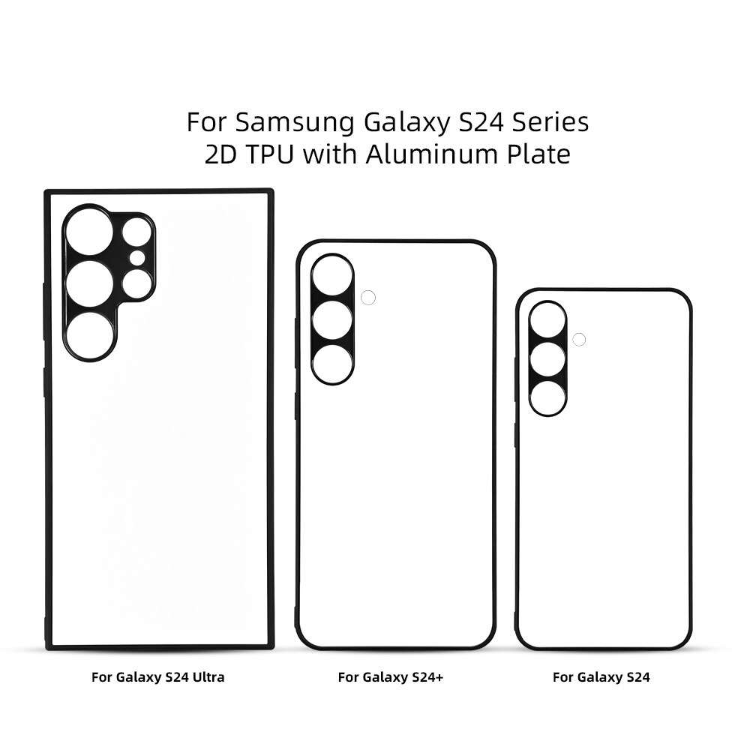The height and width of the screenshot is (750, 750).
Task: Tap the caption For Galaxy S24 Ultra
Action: point(157,677)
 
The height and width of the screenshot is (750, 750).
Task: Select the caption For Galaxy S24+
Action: point(391,677)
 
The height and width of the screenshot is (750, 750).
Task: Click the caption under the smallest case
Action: point(601,677)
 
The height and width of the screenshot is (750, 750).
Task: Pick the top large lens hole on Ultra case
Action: point(88,232)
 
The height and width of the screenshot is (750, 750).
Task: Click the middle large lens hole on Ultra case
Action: point(88,283)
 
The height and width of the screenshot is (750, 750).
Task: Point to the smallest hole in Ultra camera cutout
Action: point(137,258)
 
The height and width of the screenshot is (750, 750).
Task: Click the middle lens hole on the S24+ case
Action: point(332,320)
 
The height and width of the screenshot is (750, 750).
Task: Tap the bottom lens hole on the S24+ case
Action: point(332,364)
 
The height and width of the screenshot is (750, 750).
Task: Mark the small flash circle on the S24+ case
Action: point(367,298)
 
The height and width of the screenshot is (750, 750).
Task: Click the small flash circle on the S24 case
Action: point(578,339)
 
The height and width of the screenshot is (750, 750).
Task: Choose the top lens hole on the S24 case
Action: point(547,319)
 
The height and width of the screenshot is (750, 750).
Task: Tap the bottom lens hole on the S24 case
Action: point(547,397)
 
